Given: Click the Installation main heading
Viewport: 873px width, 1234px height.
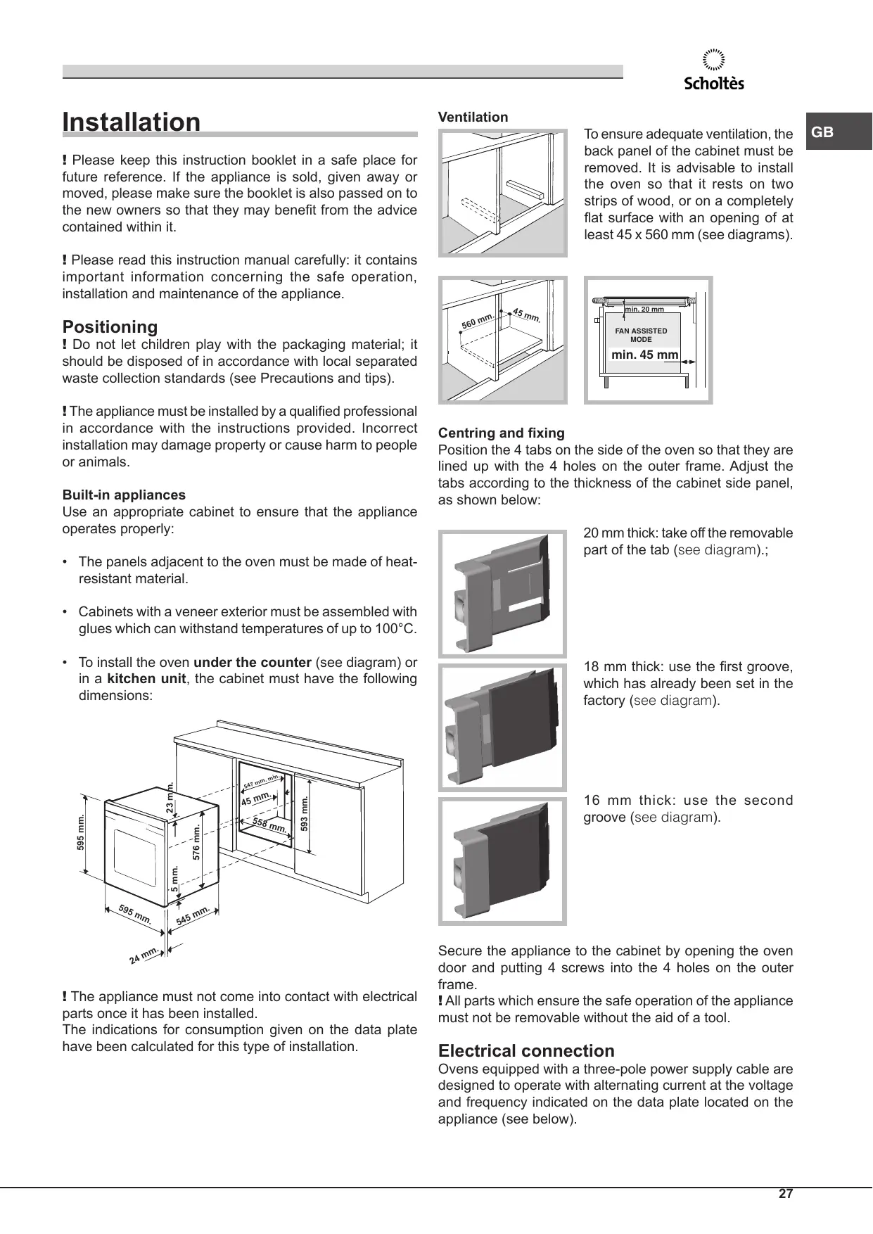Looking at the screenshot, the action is pos(132,122).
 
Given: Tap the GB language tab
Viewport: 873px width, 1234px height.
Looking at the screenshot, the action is pos(823,132).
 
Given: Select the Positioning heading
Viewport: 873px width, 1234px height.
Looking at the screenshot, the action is pos(110,326).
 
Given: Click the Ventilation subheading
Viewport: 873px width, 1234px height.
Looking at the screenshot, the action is pos(473,117).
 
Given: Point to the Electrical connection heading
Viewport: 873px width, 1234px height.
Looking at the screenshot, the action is pos(526,1050).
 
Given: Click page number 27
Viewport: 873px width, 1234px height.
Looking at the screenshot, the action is pos(785,1194).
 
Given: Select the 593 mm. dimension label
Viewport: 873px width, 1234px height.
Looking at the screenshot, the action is pos(305,813).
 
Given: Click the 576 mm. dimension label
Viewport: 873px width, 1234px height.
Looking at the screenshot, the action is pos(197,842).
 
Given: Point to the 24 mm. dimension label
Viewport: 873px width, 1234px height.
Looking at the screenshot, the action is pos(144,955).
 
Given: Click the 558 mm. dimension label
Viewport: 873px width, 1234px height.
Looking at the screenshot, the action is pos(269,827).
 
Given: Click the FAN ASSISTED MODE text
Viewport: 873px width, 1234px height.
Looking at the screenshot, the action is pos(641,335).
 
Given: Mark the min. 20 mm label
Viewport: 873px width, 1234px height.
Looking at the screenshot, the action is pos(644,309).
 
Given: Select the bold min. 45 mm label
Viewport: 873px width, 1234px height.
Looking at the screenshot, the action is pos(644,355).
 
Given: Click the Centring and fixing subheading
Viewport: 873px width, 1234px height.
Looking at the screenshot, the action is pos(501,433).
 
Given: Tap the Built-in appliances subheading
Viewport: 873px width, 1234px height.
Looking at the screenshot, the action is pos(124,495).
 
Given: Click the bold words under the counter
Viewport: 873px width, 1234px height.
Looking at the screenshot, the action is pos(252,662).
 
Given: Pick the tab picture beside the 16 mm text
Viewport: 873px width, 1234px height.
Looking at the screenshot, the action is pos(502,860).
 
